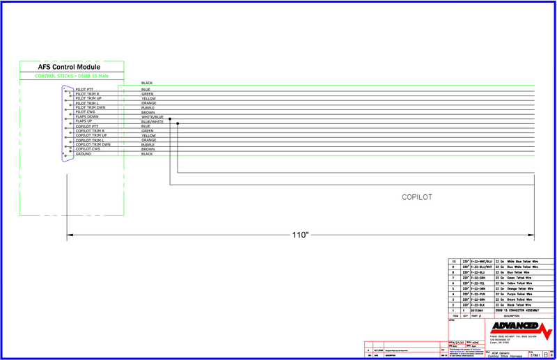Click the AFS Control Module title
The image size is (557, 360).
70,67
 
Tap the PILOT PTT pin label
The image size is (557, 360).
84,89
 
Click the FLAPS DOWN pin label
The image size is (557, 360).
86,117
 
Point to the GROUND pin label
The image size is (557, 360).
83,154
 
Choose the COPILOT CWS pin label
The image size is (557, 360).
88,149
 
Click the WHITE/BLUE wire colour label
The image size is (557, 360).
152,117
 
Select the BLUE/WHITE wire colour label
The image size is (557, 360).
152,122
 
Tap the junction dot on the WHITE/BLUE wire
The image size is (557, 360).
170,119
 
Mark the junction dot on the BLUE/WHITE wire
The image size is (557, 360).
178,124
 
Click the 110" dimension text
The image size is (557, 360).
299,235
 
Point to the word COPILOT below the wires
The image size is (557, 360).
417,197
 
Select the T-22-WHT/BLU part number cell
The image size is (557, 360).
481,260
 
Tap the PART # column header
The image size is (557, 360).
478,315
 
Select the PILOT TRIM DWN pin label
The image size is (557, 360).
91,108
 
